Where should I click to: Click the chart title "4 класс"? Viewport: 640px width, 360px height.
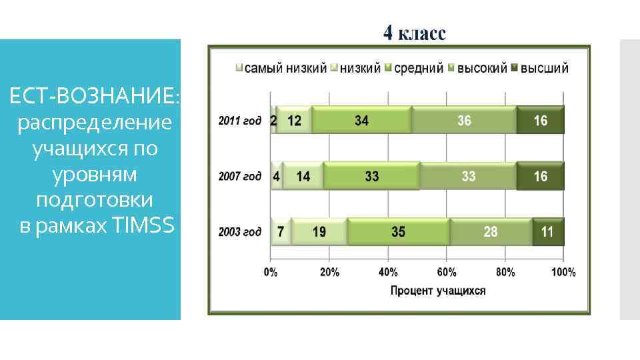(414, 33)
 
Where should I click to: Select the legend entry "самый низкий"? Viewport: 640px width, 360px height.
(285, 68)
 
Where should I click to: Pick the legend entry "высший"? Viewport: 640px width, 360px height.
(544, 68)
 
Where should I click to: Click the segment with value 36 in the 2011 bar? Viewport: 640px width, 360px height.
(464, 121)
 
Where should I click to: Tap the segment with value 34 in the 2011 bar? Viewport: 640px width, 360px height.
(362, 121)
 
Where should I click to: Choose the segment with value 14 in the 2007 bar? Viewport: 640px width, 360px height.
(303, 177)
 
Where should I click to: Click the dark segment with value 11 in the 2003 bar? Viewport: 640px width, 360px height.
(548, 232)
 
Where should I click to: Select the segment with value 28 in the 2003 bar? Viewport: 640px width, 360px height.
(491, 232)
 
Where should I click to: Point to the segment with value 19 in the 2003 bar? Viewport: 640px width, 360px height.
(319, 232)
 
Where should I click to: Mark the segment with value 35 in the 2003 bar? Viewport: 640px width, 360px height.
(398, 232)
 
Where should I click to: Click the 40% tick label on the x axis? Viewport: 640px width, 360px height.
(388, 272)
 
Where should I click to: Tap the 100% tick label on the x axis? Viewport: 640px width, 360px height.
(563, 272)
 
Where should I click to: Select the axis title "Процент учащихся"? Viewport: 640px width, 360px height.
(437, 290)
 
